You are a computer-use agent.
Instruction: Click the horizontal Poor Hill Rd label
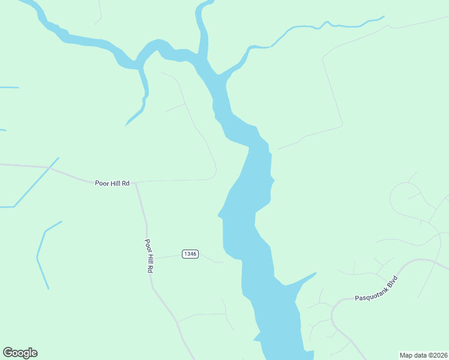coord(112,182)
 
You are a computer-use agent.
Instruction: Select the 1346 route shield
coord(190,254)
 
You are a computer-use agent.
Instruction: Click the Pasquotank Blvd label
coord(376,289)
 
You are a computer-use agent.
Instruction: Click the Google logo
coord(20,353)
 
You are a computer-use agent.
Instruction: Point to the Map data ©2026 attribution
coord(423,355)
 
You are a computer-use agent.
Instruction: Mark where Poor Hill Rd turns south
coord(137,183)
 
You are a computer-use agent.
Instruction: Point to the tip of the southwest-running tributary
coord(126,125)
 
